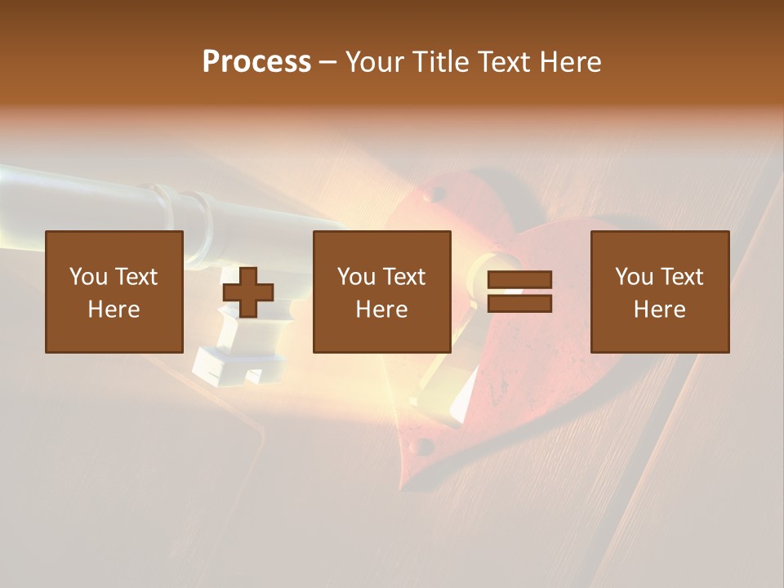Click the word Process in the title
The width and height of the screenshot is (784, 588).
pos(256,62)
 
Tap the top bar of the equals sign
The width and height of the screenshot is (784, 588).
pos(519,280)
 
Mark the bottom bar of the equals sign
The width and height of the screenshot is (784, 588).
pos(519,304)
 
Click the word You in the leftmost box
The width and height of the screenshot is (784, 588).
pos(89,277)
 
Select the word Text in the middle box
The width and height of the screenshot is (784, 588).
pos(403,277)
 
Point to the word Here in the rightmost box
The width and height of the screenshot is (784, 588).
pos(660,310)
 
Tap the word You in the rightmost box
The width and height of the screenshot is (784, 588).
pos(635,277)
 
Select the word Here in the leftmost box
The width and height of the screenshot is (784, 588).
pos(114,310)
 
